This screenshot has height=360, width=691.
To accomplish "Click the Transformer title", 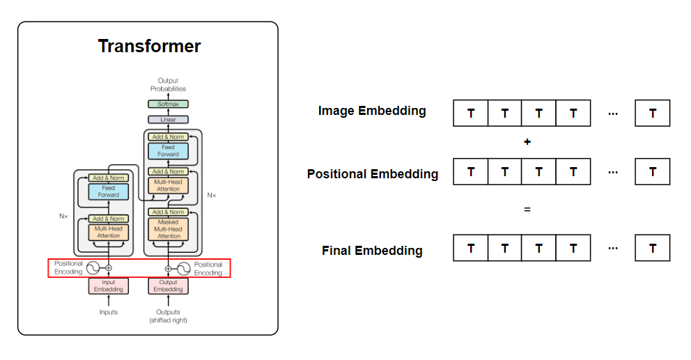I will pos(149,47).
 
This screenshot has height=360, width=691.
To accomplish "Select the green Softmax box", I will pos(168,104).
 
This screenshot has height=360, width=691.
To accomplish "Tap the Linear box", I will pos(168,120).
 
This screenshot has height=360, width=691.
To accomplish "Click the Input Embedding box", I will pos(108,285).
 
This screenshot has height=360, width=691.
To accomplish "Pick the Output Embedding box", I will pos(168,285).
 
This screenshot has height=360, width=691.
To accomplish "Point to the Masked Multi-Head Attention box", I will pos(168,229).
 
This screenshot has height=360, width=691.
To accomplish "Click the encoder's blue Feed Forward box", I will pos(108,191).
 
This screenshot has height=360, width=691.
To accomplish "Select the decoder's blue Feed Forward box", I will pos(168,150).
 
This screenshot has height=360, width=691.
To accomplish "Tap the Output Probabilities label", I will pos(168,85).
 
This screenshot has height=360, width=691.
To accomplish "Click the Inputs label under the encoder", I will pos(108,312).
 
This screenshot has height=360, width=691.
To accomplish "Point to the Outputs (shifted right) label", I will pos(168,316).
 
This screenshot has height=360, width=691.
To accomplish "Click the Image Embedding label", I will pos(372,111).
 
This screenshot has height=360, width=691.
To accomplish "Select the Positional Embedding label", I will pos(373,174).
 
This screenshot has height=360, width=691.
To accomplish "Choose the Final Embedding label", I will pos(372,251).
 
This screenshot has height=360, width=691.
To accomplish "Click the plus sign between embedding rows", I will pos(527,142).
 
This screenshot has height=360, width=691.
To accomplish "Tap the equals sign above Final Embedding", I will pos(527,209).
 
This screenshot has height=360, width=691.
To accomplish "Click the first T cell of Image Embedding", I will pos(471,113).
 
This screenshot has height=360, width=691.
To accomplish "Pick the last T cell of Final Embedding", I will pos(653,248).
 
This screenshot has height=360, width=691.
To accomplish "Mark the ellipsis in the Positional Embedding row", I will pos(613,171).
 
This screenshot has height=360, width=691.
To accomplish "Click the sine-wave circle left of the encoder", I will pos(93,268).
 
